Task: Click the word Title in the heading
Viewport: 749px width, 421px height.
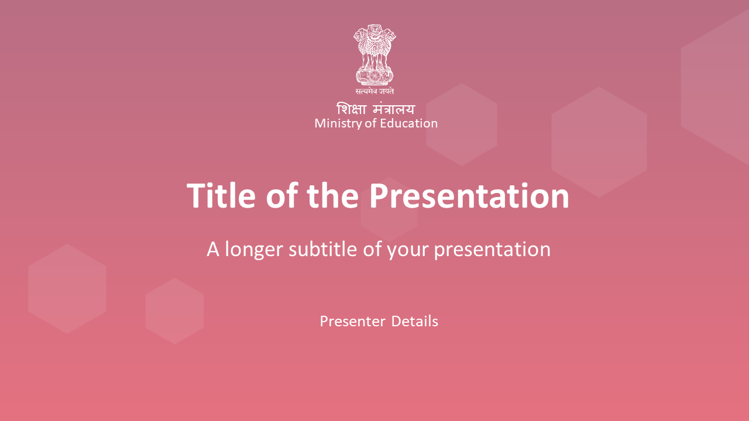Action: (221, 195)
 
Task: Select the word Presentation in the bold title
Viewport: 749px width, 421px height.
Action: (469, 195)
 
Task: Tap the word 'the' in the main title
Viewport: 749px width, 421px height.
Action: (333, 195)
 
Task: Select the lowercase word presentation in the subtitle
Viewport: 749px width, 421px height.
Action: (492, 251)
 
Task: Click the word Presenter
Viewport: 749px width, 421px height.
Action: (352, 322)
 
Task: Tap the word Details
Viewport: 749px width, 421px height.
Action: (415, 321)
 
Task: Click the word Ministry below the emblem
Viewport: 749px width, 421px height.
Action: (338, 124)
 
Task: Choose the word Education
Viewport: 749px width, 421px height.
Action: (409, 123)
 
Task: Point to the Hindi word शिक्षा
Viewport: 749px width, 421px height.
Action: (351, 109)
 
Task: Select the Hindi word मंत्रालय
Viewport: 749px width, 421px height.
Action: (394, 109)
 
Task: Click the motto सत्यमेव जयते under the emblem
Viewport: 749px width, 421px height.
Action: (374, 91)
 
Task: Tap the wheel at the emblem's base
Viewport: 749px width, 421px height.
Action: (375, 76)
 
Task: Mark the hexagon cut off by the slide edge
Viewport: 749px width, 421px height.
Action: (715, 87)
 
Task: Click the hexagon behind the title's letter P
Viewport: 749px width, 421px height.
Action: (389, 209)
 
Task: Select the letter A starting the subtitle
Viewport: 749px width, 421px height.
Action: (213, 249)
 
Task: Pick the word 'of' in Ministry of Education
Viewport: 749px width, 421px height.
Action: (371, 123)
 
